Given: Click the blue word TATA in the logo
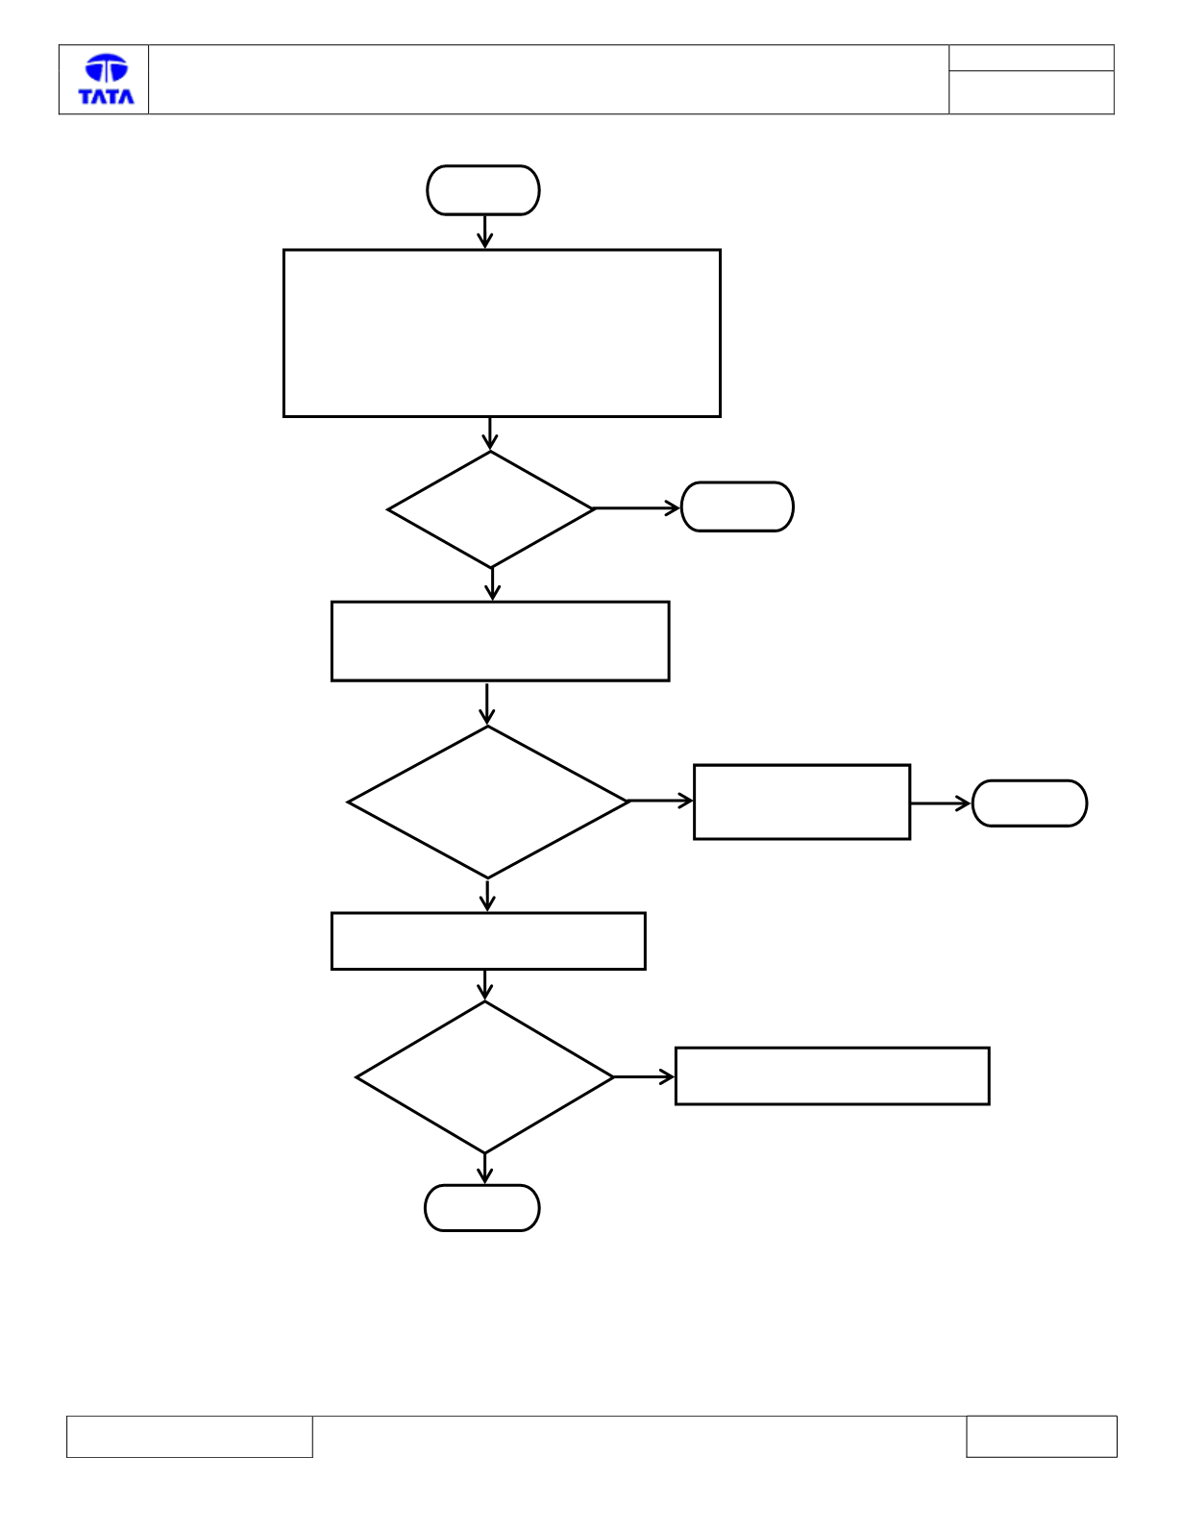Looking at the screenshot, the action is [106, 96].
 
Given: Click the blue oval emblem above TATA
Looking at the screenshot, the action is [107, 67].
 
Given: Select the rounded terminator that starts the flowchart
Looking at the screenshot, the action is [483, 190].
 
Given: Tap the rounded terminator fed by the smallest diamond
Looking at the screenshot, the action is [737, 507].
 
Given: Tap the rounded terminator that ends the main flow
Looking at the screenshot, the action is [481, 1208].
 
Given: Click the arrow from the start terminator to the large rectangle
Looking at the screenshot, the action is [484, 232].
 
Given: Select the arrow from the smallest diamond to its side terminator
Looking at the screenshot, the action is [637, 508].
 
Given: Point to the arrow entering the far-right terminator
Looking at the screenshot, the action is [941, 803].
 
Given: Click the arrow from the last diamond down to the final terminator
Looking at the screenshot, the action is [484, 1169].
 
